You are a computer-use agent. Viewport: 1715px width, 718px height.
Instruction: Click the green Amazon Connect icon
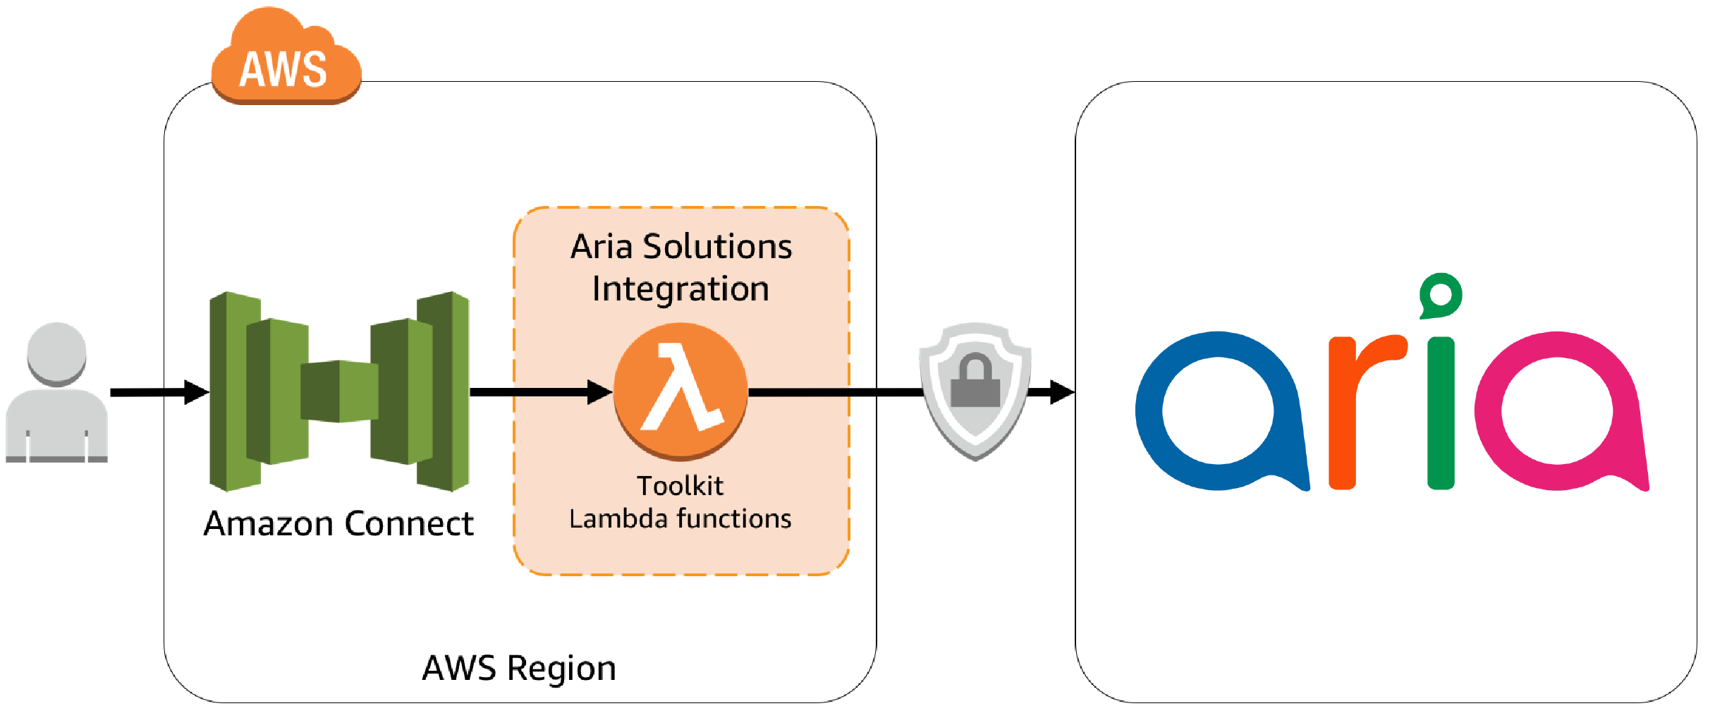click(339, 391)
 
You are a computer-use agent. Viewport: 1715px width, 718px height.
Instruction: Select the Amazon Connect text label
click(338, 523)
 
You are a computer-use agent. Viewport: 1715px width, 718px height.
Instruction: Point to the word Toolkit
click(680, 486)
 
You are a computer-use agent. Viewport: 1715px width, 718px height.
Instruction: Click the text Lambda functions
click(680, 519)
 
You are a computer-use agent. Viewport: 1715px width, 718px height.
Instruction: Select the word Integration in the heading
click(680, 289)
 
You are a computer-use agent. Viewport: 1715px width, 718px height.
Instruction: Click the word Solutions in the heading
click(717, 247)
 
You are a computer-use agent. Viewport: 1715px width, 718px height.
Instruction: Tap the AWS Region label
click(519, 668)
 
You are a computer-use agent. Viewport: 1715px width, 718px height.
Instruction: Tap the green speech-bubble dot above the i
click(1441, 296)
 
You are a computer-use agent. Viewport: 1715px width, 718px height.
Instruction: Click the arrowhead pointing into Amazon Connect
click(197, 392)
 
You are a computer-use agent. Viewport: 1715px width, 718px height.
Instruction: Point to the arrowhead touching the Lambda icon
click(599, 392)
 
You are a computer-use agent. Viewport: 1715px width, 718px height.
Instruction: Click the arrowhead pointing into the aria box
click(1061, 392)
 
